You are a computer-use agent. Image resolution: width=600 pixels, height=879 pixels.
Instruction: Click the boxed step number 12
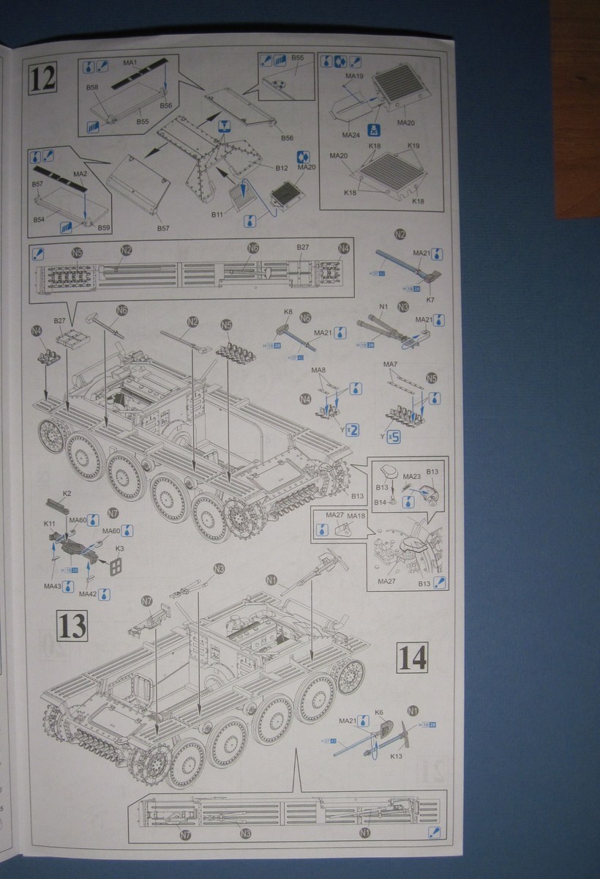tap(44, 78)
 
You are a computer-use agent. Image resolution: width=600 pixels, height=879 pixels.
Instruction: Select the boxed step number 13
tap(73, 626)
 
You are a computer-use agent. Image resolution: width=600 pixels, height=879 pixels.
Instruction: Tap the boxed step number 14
tap(412, 658)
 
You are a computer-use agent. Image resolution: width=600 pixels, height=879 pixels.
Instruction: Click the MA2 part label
tap(81, 174)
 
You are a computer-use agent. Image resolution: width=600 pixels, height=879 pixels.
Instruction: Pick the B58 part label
tap(92, 87)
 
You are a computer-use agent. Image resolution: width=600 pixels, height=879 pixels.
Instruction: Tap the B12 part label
tap(282, 168)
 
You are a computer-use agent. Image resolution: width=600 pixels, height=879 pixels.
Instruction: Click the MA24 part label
tap(351, 135)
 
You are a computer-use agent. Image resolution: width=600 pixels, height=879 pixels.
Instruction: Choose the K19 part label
tap(414, 146)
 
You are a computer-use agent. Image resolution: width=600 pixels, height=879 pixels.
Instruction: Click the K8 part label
tap(288, 312)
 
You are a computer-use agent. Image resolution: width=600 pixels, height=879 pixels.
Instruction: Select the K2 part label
tap(67, 494)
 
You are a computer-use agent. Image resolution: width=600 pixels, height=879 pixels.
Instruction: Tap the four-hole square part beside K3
tap(114, 566)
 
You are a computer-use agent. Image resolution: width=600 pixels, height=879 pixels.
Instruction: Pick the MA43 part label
tap(52, 586)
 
